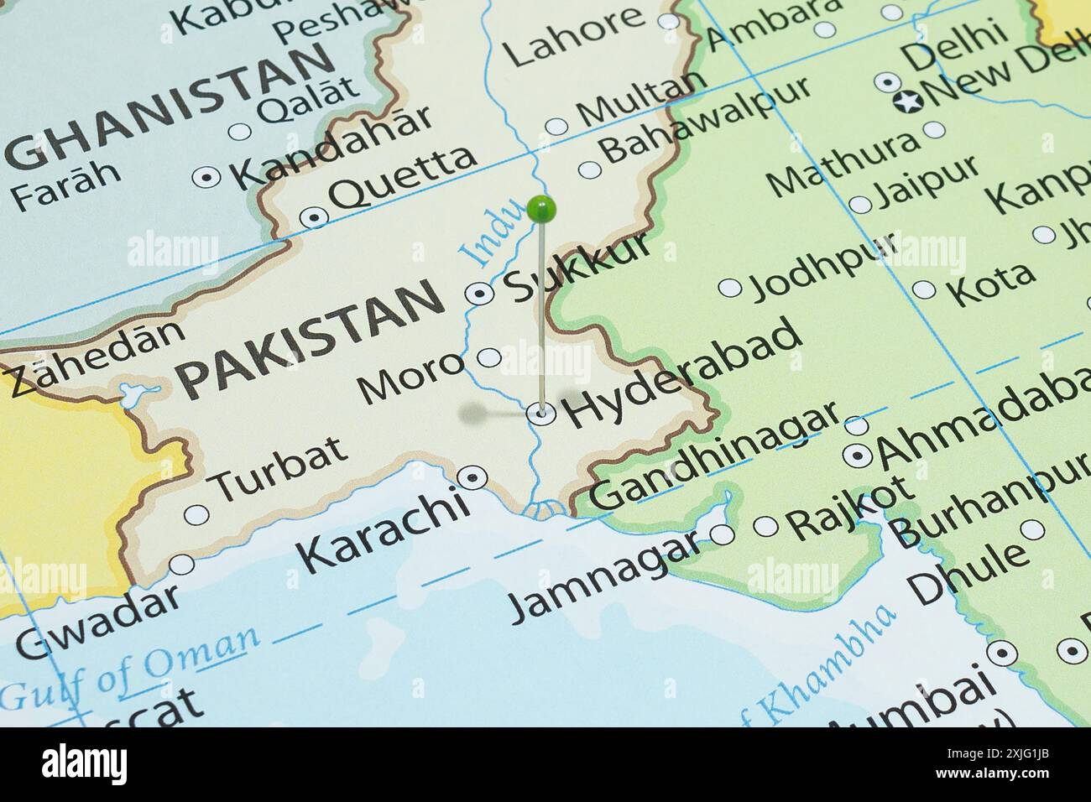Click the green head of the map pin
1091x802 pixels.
pyautogui.click(x=542, y=206)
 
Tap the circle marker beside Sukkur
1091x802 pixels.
pyautogui.click(x=479, y=293)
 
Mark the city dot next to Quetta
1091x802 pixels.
pyautogui.click(x=315, y=217)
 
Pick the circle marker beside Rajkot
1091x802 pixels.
pyautogui.click(x=765, y=526)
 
